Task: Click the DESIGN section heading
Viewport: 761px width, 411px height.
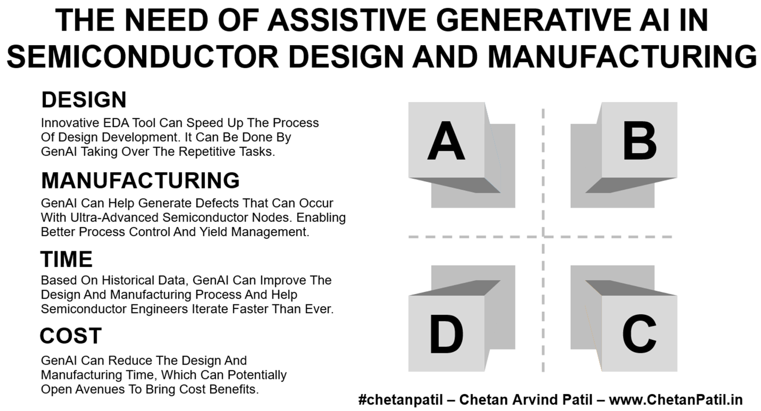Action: pyautogui.click(x=84, y=100)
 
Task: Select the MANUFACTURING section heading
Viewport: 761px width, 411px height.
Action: pyautogui.click(x=140, y=181)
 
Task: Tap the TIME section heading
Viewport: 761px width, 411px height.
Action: pyautogui.click(x=67, y=259)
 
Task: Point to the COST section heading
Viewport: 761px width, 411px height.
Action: pyautogui.click(x=71, y=336)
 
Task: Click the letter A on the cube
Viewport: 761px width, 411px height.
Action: pyautogui.click(x=446, y=141)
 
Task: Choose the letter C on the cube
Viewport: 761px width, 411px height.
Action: pyautogui.click(x=639, y=334)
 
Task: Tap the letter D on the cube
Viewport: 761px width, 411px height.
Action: pyautogui.click(x=446, y=334)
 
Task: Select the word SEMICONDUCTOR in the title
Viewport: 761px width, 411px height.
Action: pyautogui.click(x=143, y=56)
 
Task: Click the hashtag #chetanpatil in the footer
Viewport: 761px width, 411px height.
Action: pyautogui.click(x=401, y=400)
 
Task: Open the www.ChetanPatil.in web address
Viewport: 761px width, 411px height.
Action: pyautogui.click(x=676, y=400)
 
